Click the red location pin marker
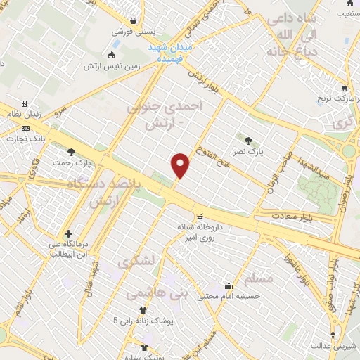point(181,165)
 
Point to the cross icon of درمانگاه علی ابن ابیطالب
point(67,234)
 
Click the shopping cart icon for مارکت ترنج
point(344,89)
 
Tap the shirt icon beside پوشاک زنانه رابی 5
point(144,309)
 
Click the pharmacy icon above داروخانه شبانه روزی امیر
point(200,217)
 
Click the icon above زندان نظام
point(25,103)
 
